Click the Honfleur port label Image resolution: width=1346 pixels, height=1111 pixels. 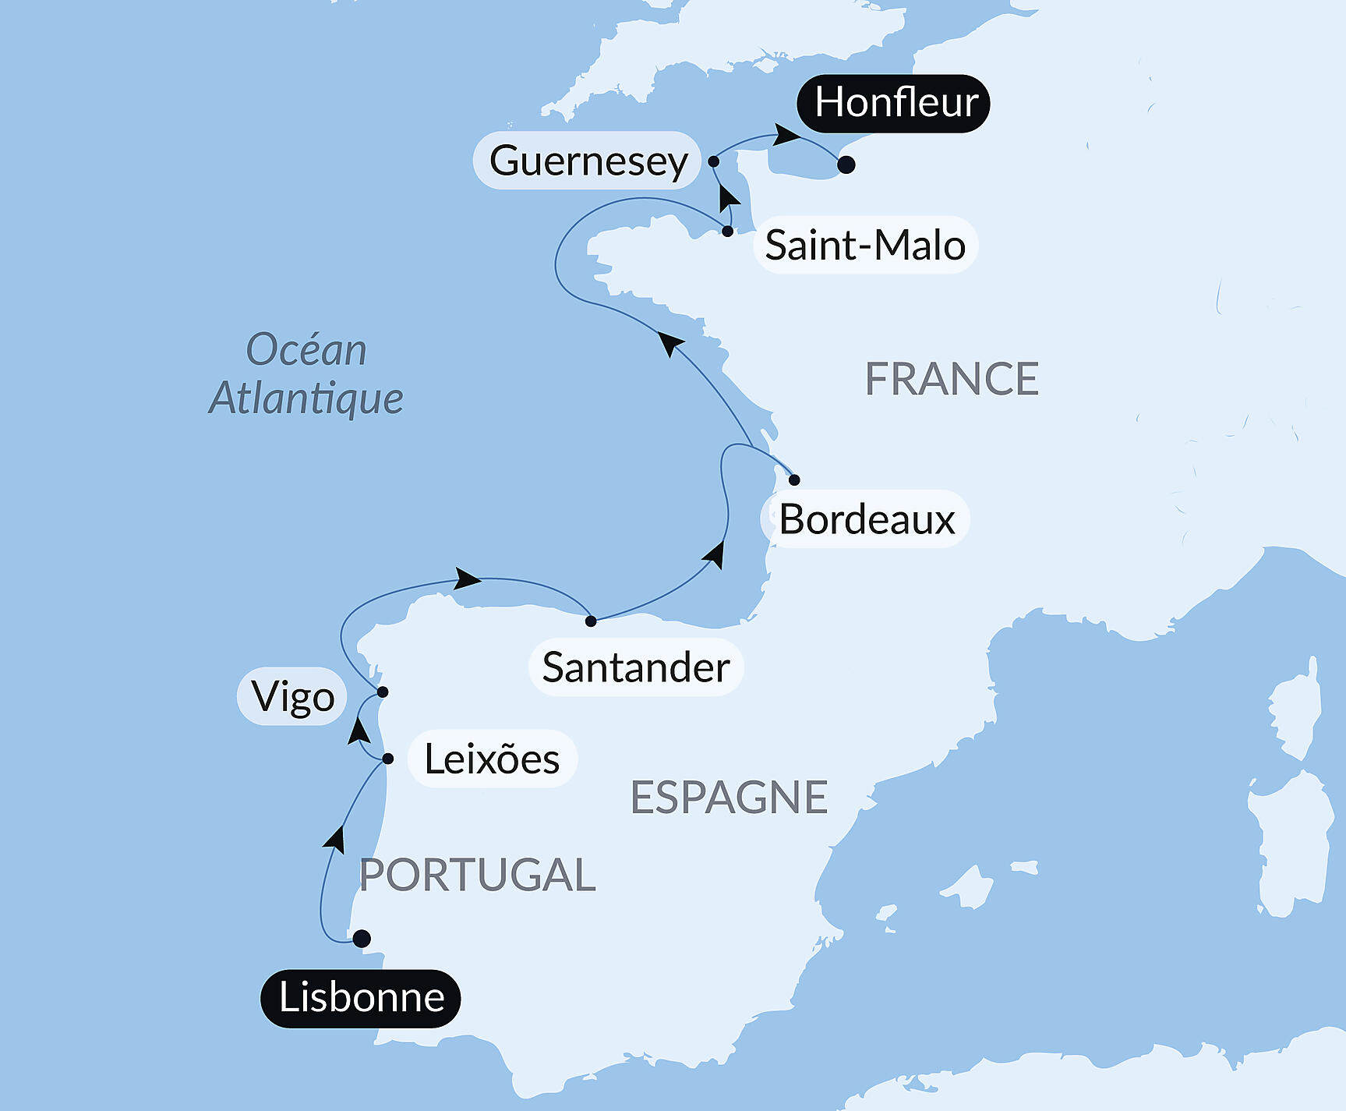[x=893, y=103]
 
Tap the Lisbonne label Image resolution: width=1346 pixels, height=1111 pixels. [x=361, y=998]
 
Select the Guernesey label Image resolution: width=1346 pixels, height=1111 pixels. [x=588, y=161]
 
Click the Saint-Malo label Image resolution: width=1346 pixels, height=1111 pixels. [x=865, y=245]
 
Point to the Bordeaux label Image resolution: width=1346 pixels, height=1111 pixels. [x=866, y=519]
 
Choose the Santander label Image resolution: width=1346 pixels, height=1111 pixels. [x=636, y=667]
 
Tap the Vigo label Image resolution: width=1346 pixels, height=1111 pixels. [x=292, y=696]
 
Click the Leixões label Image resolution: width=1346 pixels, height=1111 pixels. [x=492, y=759]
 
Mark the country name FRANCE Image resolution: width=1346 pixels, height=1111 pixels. [x=952, y=379]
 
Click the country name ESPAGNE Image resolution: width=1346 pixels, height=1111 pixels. [x=729, y=797]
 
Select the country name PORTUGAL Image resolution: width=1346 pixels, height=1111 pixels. [x=477, y=875]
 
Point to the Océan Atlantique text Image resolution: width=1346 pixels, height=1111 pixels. [x=306, y=373]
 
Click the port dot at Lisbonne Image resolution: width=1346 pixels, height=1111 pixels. [x=362, y=939]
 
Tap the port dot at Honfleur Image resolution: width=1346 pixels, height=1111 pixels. [x=846, y=165]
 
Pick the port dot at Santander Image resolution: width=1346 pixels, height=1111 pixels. [x=591, y=621]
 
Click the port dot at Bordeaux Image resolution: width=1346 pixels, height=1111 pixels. [x=794, y=479]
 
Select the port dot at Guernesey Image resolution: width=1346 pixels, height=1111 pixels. [x=713, y=161]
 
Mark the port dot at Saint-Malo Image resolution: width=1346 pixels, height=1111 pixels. [x=727, y=232]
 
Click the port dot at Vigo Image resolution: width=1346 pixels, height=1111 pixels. [x=383, y=692]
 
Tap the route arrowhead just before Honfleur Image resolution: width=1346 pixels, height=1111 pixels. [x=787, y=136]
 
